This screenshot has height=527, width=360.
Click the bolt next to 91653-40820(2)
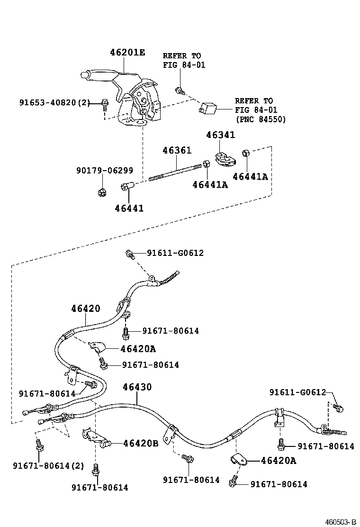click(105, 104)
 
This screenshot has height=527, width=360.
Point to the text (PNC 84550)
click(261, 119)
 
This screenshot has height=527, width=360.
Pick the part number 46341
click(220, 135)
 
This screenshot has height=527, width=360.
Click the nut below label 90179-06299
click(100, 191)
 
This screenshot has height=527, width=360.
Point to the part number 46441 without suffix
click(128, 208)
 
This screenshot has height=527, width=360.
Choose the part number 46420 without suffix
click(86, 309)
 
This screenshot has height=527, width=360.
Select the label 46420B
click(141, 443)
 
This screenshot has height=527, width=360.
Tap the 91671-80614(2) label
click(48, 465)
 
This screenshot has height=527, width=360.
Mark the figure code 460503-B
click(340, 522)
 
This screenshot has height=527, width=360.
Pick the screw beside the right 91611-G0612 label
click(337, 407)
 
